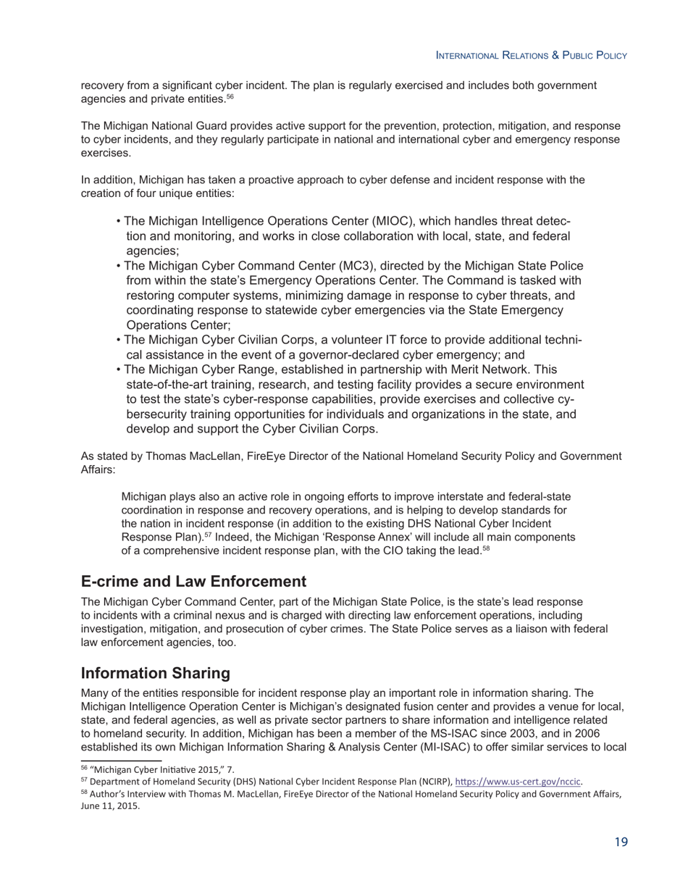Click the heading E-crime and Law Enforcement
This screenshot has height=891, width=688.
[x=193, y=582]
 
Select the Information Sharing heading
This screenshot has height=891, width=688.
[x=155, y=673]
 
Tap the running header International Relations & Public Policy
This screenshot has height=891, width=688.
[x=531, y=56]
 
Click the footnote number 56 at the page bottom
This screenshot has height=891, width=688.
[x=84, y=769]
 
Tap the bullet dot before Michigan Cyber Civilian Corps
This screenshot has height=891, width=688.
[x=118, y=340]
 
